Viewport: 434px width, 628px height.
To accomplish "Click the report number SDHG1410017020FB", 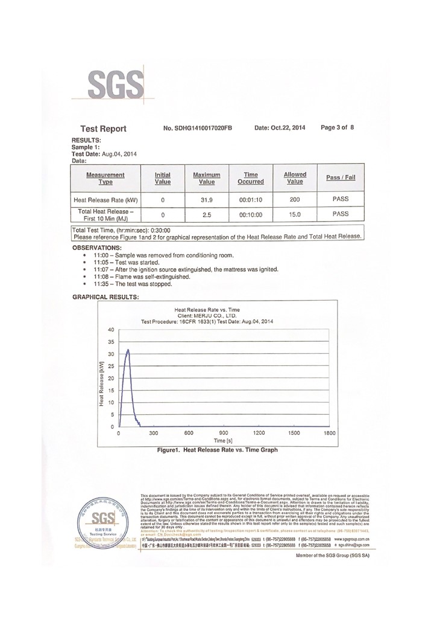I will pyautogui.click(x=198, y=128).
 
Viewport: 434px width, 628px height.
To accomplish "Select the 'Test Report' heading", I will pyautogui.click(x=103, y=129).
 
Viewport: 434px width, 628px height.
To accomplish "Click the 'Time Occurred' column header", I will pyautogui.click(x=250, y=178).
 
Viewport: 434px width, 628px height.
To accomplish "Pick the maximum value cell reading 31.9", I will pyautogui.click(x=206, y=199).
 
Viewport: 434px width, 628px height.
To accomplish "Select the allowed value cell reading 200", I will pyautogui.click(x=295, y=199).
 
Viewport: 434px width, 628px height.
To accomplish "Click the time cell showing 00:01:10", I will pyautogui.click(x=250, y=199).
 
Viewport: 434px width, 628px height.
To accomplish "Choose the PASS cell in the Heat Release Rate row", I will pyautogui.click(x=341, y=198).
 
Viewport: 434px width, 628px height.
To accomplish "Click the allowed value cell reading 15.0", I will pyautogui.click(x=295, y=214).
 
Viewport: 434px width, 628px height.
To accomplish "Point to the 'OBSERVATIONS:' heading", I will pyautogui.click(x=96, y=248).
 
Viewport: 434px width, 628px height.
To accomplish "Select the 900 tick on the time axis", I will pyautogui.click(x=224, y=434).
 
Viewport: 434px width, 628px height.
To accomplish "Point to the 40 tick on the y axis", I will pyautogui.click(x=110, y=330).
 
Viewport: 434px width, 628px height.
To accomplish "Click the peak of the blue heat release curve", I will pyautogui.click(x=127, y=349).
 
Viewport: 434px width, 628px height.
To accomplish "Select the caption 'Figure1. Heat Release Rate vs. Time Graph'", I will pyautogui.click(x=216, y=450).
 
